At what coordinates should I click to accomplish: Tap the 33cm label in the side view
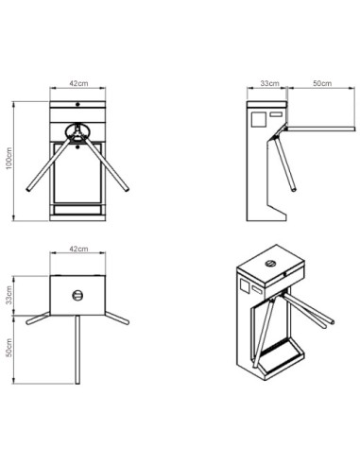click(269, 84)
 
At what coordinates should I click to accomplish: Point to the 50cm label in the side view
click(319, 84)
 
